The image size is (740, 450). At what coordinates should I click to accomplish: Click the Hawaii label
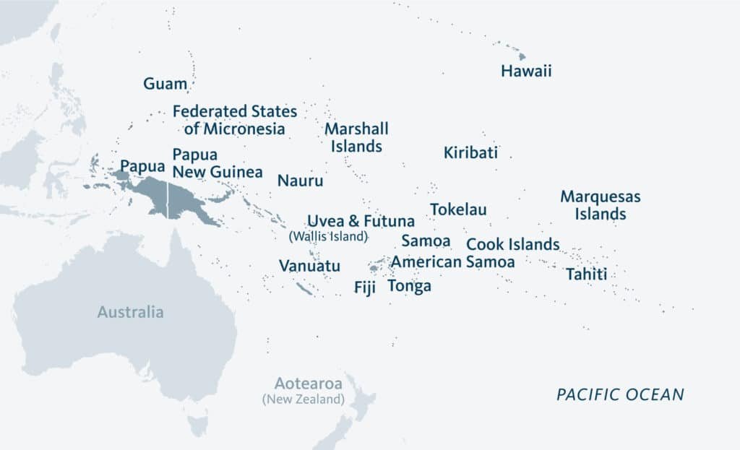coord(526,71)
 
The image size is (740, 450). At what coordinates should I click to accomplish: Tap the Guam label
coord(165,83)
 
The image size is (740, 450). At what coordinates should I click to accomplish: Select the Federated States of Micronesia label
coord(235,120)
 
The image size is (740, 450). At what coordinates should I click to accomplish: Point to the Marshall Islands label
coord(356,137)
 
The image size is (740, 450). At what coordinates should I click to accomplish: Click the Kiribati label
coord(470,152)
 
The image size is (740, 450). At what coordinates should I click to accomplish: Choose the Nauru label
coord(300,181)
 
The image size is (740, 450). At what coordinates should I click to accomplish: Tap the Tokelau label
coord(458,209)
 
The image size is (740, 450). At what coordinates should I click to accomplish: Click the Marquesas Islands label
coord(601,205)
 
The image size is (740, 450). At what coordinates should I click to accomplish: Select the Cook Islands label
coord(512,244)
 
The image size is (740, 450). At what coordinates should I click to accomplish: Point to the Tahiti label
coord(586,274)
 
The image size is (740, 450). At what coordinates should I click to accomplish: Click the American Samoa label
coord(453,261)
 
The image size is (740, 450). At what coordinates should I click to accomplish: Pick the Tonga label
coord(409,286)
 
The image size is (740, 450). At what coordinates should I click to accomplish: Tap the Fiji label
coord(365,287)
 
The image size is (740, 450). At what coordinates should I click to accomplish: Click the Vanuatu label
coord(309,266)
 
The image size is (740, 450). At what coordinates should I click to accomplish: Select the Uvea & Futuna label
coord(361,221)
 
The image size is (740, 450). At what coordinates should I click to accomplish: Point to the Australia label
coord(131,312)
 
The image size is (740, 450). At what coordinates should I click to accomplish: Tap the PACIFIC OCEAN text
coord(619,394)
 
